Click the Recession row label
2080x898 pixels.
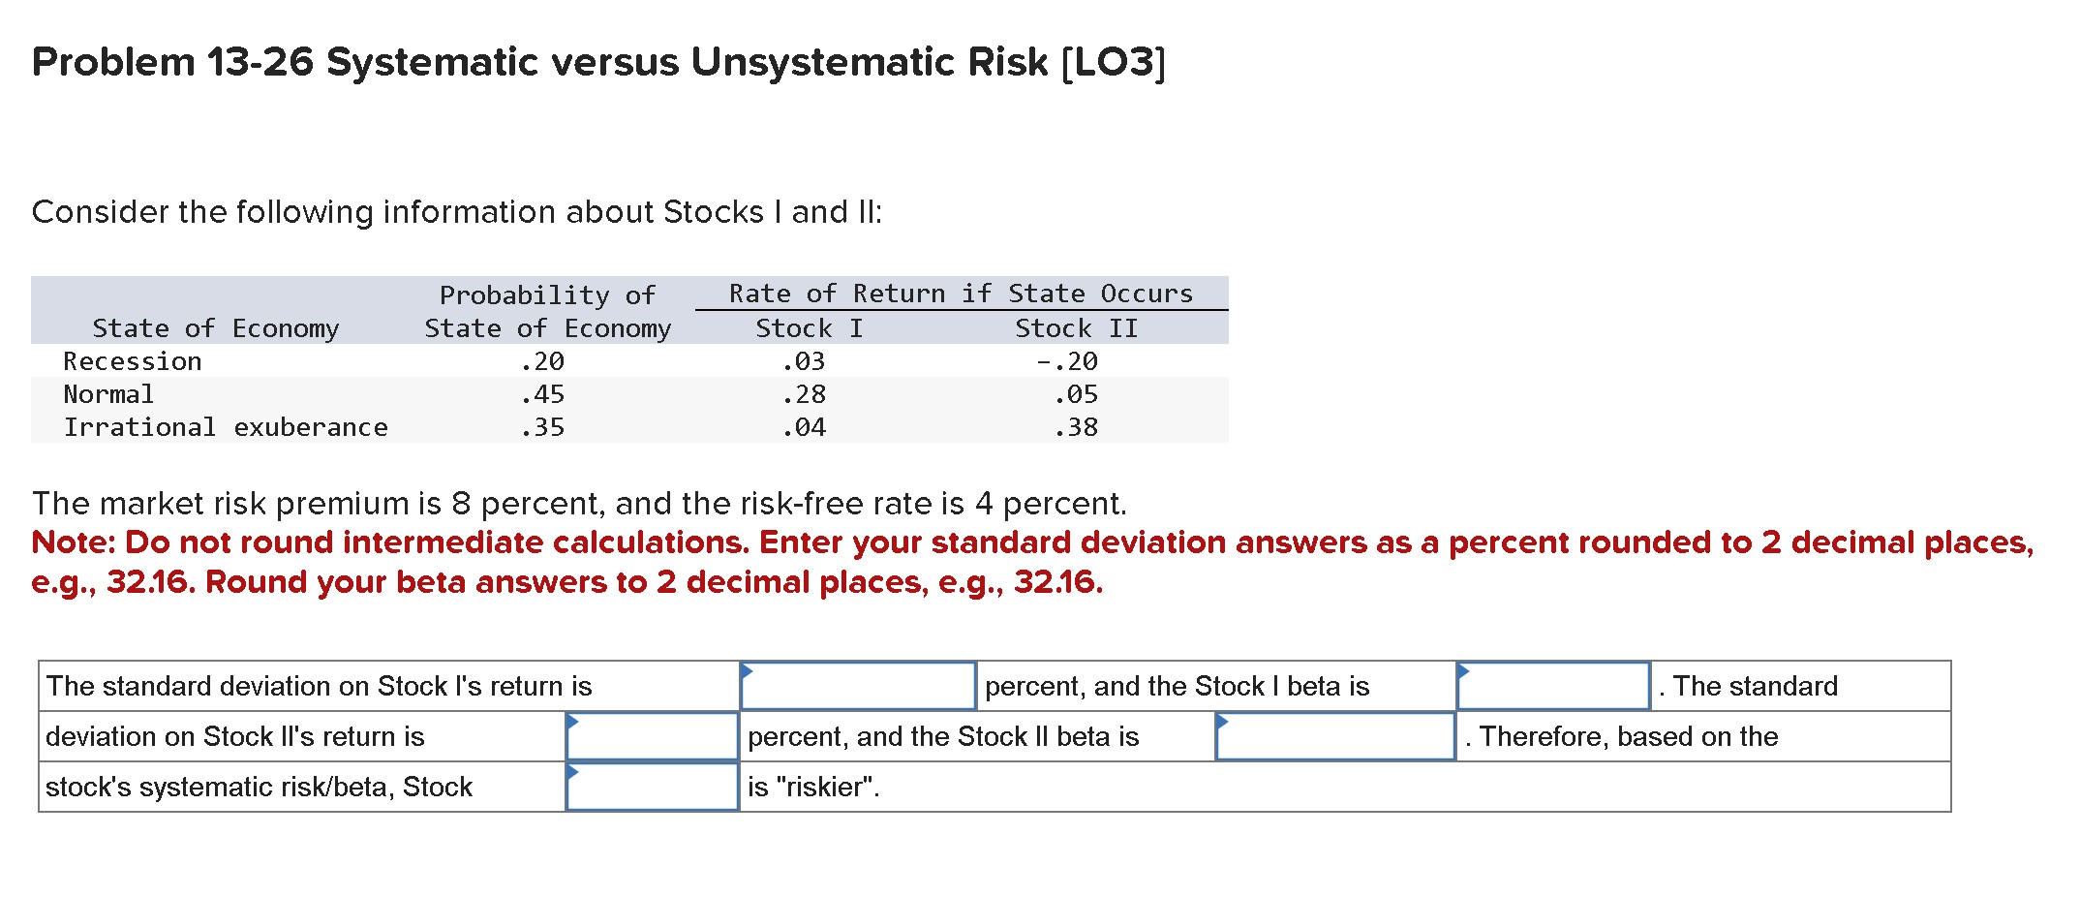(133, 361)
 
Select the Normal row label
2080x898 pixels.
(108, 394)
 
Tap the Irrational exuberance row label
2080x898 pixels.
(226, 427)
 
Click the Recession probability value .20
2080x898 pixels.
(541, 361)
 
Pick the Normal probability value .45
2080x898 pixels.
(541, 394)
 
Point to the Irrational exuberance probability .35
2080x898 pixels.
(541, 427)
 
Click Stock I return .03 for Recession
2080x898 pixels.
(803, 361)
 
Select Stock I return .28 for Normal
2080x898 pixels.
(803, 394)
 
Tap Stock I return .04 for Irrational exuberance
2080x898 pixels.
(803, 427)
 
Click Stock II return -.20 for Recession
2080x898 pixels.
(1066, 361)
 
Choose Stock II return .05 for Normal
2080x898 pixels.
(1075, 394)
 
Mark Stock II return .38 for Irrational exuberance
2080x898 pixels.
(1075, 427)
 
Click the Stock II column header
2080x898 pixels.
(1076, 328)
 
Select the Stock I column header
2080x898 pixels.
(809, 328)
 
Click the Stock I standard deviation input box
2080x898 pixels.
(858, 686)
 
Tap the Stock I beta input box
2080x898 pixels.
(1553, 686)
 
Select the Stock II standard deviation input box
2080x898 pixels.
(653, 736)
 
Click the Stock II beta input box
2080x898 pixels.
(1335, 736)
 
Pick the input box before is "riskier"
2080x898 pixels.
(653, 787)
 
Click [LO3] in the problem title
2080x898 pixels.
(1114, 62)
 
